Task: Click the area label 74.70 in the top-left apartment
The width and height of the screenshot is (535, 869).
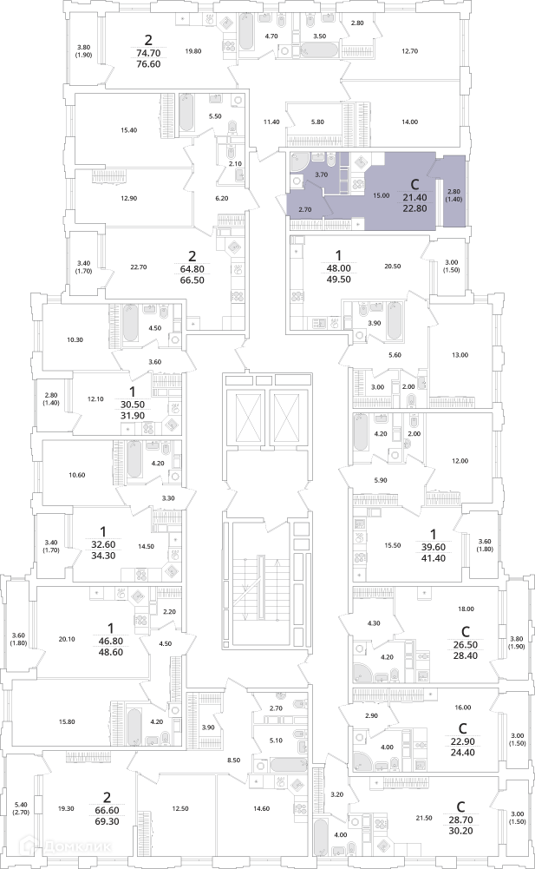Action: click(x=148, y=53)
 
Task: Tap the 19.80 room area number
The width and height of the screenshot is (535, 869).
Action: click(x=193, y=51)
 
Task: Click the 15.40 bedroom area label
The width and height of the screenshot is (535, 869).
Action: click(x=128, y=130)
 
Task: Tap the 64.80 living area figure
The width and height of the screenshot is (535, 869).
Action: click(x=192, y=269)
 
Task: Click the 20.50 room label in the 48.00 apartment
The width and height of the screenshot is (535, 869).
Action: click(x=392, y=266)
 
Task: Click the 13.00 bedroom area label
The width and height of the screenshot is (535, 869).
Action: click(x=460, y=355)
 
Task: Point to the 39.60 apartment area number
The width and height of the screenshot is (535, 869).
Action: click(x=433, y=547)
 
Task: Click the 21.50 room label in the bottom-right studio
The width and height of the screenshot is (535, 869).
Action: click(x=424, y=818)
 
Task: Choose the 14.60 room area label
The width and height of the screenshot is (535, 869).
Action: click(x=261, y=808)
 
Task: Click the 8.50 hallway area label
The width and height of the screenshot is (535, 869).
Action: click(x=233, y=760)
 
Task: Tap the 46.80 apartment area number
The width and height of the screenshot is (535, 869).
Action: click(x=110, y=641)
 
